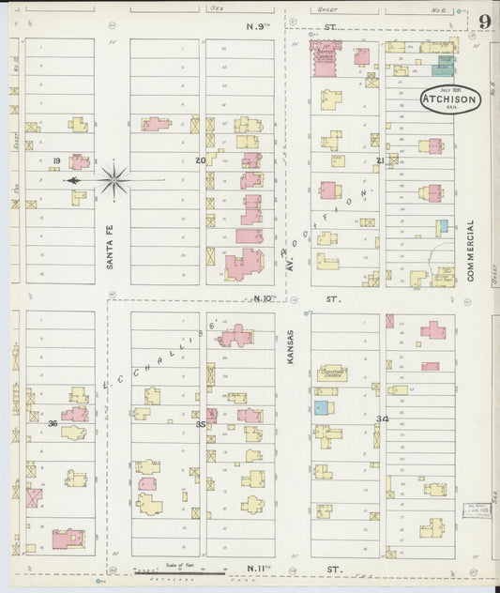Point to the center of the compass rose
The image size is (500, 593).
(x=114, y=179)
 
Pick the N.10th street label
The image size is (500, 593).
(x=265, y=298)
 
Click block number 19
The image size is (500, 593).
(x=57, y=160)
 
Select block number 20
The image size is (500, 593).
(x=200, y=160)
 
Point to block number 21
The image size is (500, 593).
(x=379, y=160)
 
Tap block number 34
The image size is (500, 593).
(x=382, y=418)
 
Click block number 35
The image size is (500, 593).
(x=200, y=424)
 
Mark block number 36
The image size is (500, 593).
(x=53, y=423)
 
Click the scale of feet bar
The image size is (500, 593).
(x=174, y=571)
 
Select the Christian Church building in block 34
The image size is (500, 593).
(x=332, y=373)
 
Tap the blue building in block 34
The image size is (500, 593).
(x=322, y=408)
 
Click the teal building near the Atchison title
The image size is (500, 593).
(x=443, y=68)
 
